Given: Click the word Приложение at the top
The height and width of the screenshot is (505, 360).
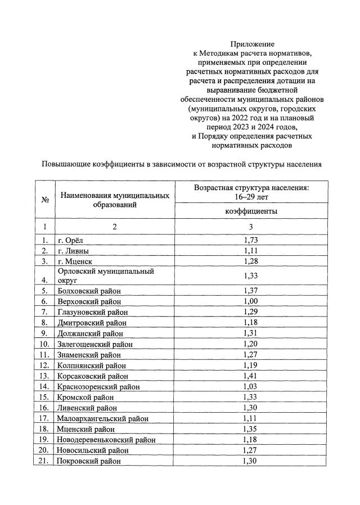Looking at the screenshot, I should tap(251, 44).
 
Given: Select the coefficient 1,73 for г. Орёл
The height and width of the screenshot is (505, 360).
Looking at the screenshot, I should tap(251, 241).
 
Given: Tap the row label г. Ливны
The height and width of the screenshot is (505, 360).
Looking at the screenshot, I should tap(73, 251).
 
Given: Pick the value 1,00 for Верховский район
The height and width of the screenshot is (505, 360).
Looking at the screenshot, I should tap(251, 301).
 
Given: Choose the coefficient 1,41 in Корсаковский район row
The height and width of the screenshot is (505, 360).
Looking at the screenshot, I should tap(251, 376).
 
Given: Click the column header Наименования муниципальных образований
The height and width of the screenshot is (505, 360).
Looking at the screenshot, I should tap(115, 200).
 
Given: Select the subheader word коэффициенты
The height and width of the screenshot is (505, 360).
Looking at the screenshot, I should tap(251, 211).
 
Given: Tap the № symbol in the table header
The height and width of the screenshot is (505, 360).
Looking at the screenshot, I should tap(44, 200).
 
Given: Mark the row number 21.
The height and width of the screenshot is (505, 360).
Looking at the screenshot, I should tap(44, 461).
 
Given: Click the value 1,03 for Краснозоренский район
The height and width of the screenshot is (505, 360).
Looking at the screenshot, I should tap(251, 386).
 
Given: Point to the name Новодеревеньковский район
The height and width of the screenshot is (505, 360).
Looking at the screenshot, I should tap(106, 440).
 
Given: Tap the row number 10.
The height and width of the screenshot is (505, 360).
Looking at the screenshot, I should tap(44, 344).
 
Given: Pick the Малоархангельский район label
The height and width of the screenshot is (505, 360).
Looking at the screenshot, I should tap(102, 418).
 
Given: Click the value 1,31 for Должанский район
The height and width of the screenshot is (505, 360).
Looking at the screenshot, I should tap(251, 333).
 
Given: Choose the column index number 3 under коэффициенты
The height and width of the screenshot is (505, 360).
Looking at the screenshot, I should tap(251, 227).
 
